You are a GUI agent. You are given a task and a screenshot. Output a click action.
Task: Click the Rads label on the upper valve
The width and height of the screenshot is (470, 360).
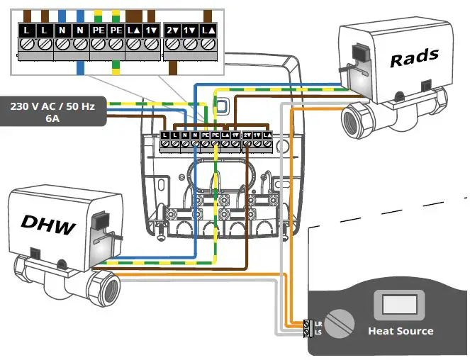[415, 57]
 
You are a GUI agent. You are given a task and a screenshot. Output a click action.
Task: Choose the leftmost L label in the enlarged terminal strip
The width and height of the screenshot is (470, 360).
[27, 31]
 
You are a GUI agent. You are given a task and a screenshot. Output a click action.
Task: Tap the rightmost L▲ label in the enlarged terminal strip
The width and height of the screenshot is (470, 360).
[208, 31]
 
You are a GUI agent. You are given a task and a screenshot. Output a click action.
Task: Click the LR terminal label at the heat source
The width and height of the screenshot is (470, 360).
[318, 324]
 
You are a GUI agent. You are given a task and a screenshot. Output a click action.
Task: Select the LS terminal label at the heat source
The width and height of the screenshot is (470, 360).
[318, 332]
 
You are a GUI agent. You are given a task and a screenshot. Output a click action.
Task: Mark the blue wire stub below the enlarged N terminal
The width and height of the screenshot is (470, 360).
[82, 67]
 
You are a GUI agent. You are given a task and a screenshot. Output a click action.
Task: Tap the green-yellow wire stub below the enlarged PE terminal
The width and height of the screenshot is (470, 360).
[116, 67]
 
